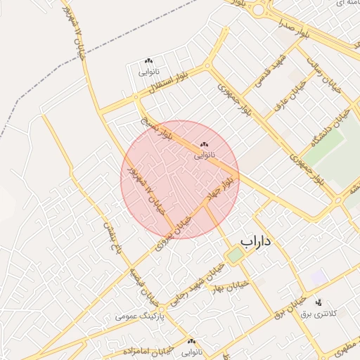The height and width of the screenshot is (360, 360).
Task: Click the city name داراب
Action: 255,241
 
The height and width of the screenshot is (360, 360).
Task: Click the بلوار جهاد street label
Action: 218,188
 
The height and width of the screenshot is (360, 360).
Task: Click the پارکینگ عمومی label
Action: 139,316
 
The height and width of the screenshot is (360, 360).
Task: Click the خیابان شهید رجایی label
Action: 201,278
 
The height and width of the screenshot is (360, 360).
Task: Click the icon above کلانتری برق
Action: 316,302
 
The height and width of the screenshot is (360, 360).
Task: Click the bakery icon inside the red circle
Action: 205,144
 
